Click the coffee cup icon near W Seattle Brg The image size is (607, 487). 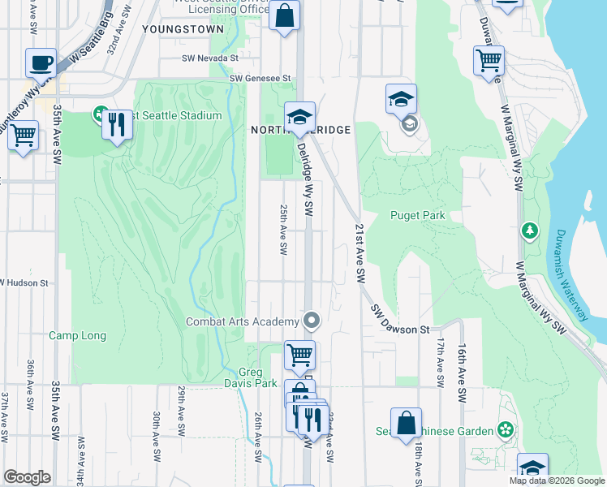coord(41,62)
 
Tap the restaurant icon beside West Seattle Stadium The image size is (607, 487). coord(118,124)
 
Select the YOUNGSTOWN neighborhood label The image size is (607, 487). coord(182,28)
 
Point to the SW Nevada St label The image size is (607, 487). coord(209,58)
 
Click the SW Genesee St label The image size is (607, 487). coord(260,78)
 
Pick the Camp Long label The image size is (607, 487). coord(77,335)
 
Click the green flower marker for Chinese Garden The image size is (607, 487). coord(506,429)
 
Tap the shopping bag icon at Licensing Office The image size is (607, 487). coord(285,15)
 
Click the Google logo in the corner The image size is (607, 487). coord(26,477)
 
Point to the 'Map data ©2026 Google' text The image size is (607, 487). coord(556,481)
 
